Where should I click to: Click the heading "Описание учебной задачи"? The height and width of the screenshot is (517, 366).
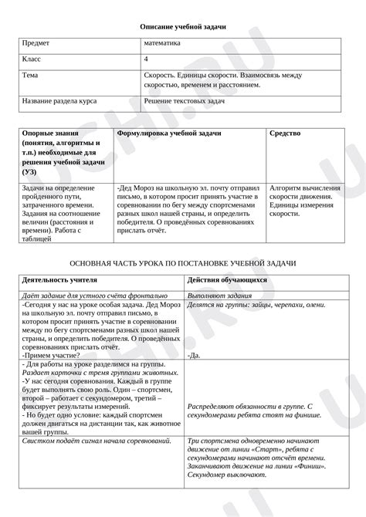pyautogui.click(x=183, y=26)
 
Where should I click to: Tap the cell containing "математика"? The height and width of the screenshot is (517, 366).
pyautogui.click(x=162, y=43)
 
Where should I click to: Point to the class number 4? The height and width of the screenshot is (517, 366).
pyautogui.click(x=146, y=59)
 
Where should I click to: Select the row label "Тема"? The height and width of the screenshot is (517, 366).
pyautogui.click(x=31, y=76)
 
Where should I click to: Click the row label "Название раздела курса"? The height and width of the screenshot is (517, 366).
pyautogui.click(x=60, y=100)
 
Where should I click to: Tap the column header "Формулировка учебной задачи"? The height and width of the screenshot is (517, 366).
pyautogui.click(x=169, y=133)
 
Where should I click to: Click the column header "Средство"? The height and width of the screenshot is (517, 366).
pyautogui.click(x=285, y=133)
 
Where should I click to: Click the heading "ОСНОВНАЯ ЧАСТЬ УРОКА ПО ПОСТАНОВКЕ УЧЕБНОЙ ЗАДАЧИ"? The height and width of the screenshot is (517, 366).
pyautogui.click(x=183, y=263)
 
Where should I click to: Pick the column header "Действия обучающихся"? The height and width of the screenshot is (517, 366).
pyautogui.click(x=227, y=281)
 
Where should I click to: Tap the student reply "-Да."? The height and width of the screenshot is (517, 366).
pyautogui.click(x=194, y=355)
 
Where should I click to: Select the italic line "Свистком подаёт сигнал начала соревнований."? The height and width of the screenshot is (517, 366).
pyautogui.click(x=97, y=440)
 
